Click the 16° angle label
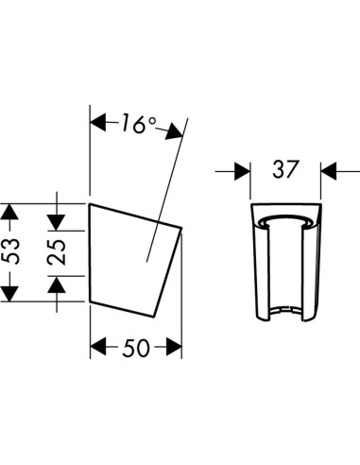[138, 123]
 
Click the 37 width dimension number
[284, 169]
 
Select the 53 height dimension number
[10, 251]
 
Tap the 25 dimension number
[57, 252]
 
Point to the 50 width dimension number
[136, 349]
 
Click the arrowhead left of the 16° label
[97, 122]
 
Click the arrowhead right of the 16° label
[175, 130]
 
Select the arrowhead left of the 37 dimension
[242, 171]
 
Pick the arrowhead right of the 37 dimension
[329, 171]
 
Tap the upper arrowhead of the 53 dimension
[9, 212]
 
